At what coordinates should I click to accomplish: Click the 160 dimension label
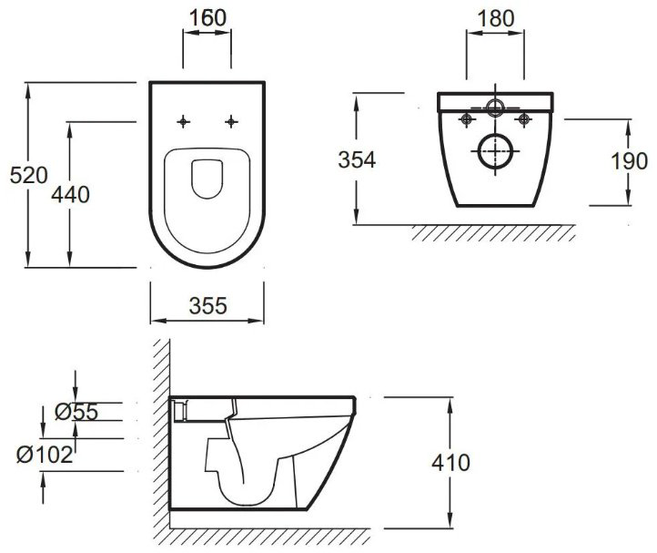click(207, 18)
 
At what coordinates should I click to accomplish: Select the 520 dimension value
click(29, 175)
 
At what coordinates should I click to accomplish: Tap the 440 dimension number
click(70, 195)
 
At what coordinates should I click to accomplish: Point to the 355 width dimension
click(207, 306)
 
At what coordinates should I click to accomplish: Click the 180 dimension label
click(496, 19)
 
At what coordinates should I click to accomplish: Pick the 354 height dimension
click(357, 159)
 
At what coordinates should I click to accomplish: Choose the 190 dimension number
click(629, 161)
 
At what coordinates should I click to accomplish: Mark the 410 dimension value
click(450, 463)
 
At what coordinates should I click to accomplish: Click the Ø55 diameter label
click(76, 412)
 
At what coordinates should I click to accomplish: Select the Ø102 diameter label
click(45, 455)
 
